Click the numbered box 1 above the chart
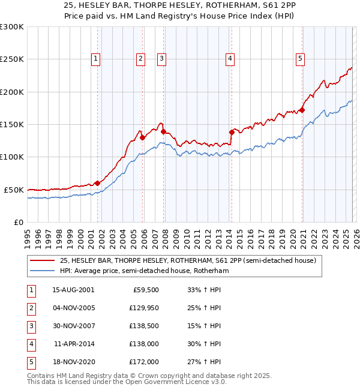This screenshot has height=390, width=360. tap(96, 58)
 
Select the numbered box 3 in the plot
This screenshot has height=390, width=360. tap(162, 58)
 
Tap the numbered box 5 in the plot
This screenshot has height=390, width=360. tap(299, 58)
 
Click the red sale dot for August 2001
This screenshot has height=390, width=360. tap(97, 183)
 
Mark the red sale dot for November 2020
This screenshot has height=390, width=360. tap(302, 110)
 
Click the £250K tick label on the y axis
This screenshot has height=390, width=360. tap(12, 59)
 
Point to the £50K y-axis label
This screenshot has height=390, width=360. tap(14, 190)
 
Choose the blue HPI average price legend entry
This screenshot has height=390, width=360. tap(144, 271)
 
